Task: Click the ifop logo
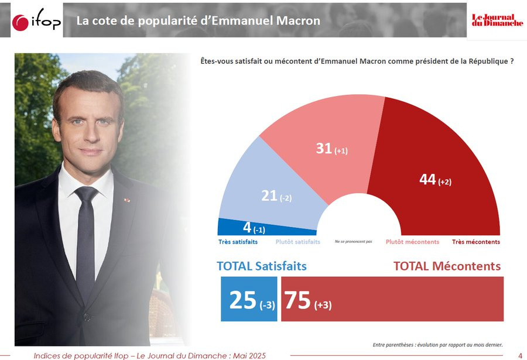36,22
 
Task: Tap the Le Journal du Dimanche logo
497,19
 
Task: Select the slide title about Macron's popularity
199,21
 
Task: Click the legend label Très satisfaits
237,242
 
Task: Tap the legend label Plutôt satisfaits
297,242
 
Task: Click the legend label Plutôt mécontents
412,242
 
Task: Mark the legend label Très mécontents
475,242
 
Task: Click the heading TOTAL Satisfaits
261,266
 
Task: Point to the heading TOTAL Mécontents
447,266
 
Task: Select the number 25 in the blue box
243,300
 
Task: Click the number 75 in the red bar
298,300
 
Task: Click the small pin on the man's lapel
125,200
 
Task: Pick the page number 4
520,355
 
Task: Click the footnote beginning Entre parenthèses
437,344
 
